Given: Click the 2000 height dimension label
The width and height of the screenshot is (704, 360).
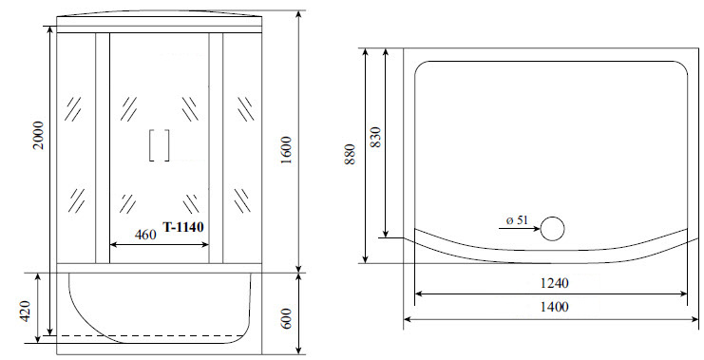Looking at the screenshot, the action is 39,135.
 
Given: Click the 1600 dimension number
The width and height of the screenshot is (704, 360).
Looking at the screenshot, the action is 287,150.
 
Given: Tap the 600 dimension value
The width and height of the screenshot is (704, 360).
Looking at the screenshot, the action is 287,318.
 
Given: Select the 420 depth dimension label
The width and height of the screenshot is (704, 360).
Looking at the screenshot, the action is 25,311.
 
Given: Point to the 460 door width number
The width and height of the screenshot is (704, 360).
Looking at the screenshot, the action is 145,235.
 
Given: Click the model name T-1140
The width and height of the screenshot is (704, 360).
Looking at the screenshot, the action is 183,227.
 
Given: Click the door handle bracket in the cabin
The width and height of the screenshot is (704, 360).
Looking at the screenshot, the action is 160,145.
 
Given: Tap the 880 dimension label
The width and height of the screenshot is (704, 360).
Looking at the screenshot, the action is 351,155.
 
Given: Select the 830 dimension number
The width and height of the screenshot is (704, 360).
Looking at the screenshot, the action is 375,138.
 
